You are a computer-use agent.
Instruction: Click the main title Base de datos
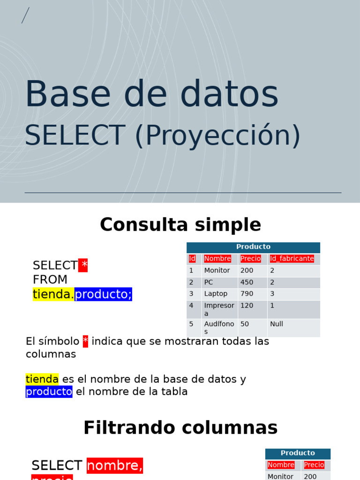151,95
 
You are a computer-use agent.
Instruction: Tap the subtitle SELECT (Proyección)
162,135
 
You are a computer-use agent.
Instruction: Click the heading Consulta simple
180,225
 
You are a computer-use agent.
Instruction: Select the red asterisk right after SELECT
83,265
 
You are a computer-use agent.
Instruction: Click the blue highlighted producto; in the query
103,294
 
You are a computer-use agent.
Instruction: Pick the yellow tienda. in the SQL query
53,294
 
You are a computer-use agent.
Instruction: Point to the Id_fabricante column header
292,259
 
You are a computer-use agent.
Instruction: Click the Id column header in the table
192,259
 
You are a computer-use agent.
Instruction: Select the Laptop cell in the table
216,294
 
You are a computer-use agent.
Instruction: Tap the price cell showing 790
247,294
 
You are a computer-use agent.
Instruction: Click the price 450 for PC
247,282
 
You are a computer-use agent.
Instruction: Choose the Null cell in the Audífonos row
277,324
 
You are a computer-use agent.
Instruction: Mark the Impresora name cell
219,309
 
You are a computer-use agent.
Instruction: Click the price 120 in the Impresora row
247,306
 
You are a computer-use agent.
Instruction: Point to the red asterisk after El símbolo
85,341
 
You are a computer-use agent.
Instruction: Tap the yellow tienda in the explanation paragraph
42,379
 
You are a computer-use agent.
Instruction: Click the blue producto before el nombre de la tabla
49,391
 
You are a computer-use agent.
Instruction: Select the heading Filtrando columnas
180,428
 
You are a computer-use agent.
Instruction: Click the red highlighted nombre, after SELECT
115,465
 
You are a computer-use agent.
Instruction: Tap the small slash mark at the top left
25,15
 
